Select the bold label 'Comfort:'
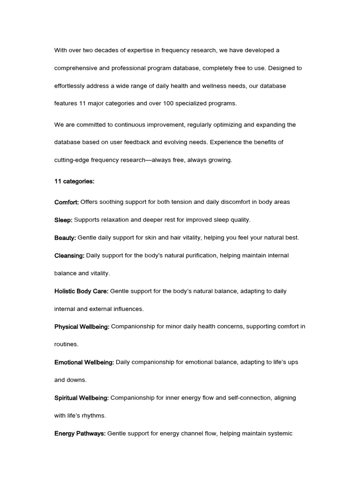point(67,202)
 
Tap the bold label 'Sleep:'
point(63,220)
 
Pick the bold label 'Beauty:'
point(65,238)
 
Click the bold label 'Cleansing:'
point(69,255)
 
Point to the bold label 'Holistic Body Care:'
point(82,291)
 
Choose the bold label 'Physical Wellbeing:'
point(82,327)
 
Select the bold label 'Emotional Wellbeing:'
point(84,362)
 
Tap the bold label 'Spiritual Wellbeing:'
point(82,398)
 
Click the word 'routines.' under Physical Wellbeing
point(67,345)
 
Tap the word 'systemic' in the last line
point(279,434)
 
